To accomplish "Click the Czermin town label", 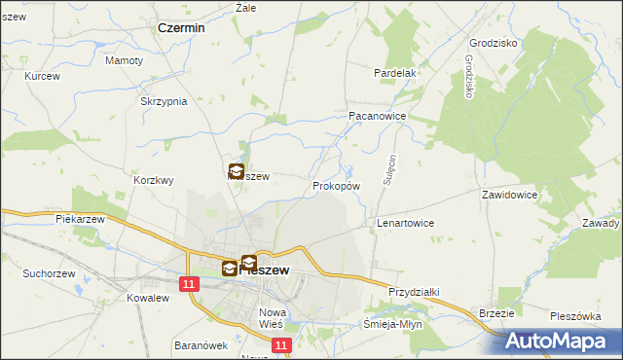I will pyautogui.click(x=181, y=28).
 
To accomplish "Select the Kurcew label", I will pyautogui.click(x=43, y=76).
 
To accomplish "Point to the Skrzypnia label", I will pyautogui.click(x=163, y=102).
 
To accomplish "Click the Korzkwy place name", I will pyautogui.click(x=154, y=180).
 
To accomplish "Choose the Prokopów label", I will pyautogui.click(x=337, y=185).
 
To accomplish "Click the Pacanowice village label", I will pyautogui.click(x=377, y=115).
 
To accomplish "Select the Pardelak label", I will pyautogui.click(x=395, y=73).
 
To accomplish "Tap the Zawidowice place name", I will pyautogui.click(x=510, y=195).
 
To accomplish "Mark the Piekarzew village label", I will pyautogui.click(x=80, y=220).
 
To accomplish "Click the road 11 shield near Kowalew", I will pyautogui.click(x=189, y=282).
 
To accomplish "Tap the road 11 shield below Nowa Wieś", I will pyautogui.click(x=281, y=345).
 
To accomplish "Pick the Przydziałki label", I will pyautogui.click(x=416, y=291).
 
